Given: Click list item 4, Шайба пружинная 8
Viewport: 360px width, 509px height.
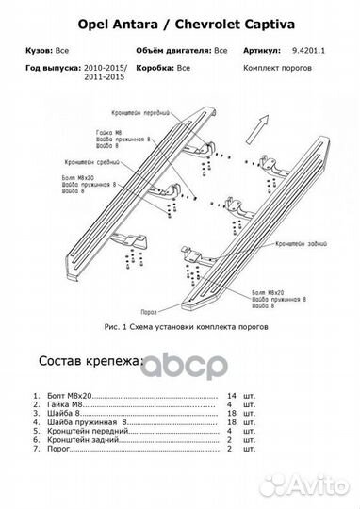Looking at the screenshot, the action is tap(85, 421).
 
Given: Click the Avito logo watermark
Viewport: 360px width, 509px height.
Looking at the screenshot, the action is tap(319, 485).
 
